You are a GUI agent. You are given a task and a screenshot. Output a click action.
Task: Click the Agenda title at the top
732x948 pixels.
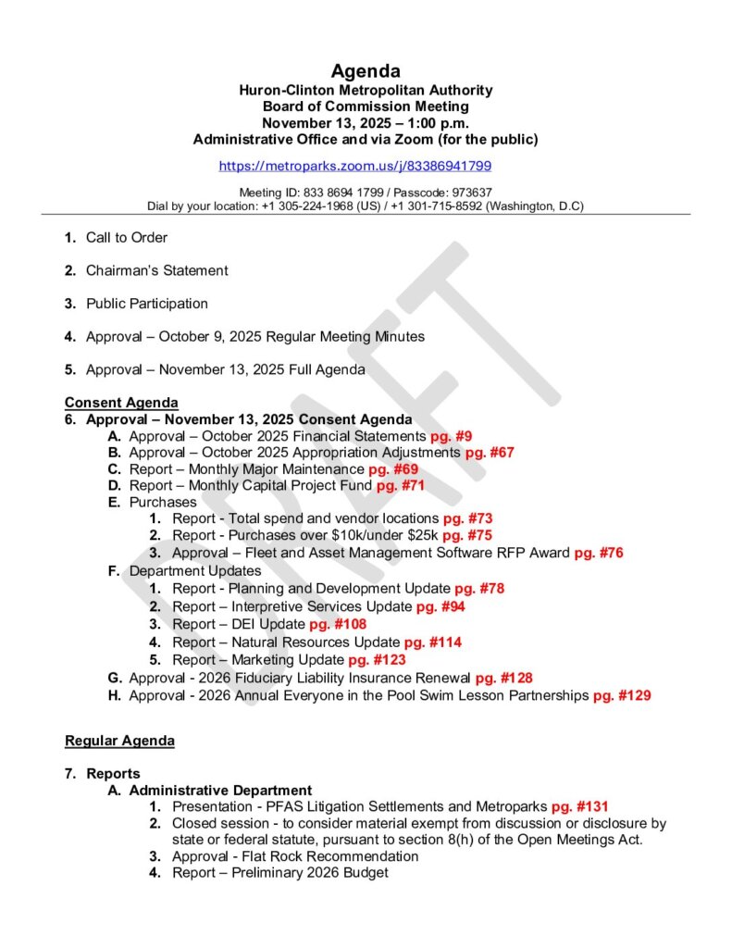coord(366,71)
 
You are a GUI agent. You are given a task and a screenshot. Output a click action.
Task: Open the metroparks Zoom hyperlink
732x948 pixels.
coord(354,167)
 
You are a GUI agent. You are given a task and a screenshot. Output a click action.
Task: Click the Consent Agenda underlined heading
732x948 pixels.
coord(121,403)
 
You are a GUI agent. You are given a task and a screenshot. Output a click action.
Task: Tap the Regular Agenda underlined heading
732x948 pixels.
coord(119,741)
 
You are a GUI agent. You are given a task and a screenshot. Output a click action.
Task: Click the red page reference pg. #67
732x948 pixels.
coord(490,453)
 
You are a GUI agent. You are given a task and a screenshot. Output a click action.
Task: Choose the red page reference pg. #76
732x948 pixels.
coord(599,553)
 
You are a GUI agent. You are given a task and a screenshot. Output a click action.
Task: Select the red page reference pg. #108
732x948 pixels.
coord(338,624)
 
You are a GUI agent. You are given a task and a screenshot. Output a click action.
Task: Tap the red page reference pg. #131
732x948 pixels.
coord(579,807)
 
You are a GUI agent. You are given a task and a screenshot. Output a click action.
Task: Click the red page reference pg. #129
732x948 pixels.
coord(622,695)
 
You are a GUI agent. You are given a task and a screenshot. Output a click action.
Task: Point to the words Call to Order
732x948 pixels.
coord(127,238)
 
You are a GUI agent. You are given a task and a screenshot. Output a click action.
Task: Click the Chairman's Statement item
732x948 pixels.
coord(156,271)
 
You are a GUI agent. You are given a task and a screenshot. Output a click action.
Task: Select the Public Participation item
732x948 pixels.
coord(147,304)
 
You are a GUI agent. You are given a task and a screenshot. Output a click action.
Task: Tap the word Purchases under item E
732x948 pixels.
coord(163,503)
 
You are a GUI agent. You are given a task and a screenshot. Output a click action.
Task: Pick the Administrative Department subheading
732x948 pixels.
coord(220,791)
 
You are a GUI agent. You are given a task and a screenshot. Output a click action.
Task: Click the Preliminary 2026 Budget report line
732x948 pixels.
coord(280,872)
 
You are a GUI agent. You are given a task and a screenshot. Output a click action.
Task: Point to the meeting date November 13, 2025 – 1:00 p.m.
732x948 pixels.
coord(366,123)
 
